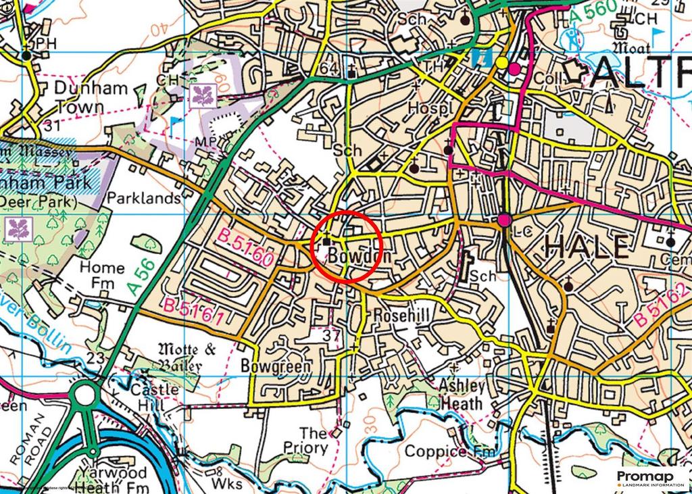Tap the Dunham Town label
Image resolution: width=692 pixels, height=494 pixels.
pyautogui.click(x=80, y=97)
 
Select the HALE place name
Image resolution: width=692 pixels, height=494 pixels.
pyautogui.click(x=585, y=247)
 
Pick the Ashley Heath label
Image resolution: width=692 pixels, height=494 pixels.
pyautogui.click(x=462, y=395)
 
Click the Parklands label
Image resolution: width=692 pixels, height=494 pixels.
pyautogui.click(x=144, y=199)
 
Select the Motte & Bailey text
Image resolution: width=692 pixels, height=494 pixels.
pyautogui.click(x=178, y=357)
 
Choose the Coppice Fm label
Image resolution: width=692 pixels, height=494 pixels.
pyautogui.click(x=447, y=451)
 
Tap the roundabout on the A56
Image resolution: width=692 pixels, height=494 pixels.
pyautogui.click(x=86, y=396)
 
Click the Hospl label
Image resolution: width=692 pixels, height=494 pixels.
pyautogui.click(x=429, y=108)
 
